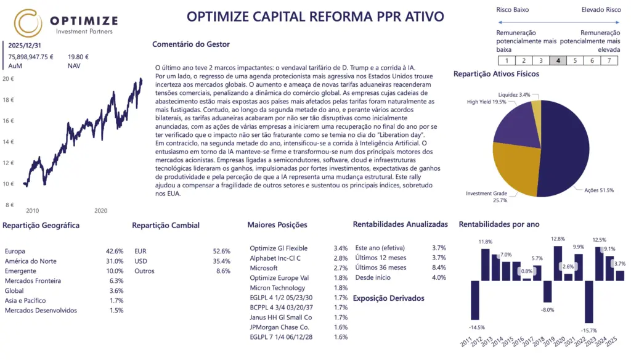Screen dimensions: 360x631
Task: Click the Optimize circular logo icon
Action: pos(28,23)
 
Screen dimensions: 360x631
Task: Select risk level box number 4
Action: pos(558,60)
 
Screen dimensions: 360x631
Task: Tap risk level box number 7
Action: pos(609,60)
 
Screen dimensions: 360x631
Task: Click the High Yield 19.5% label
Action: pos(487,102)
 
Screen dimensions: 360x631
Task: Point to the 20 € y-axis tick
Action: pos(8,79)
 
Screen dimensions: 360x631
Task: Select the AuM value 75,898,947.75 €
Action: pos(31,57)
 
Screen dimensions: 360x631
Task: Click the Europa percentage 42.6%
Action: pos(115,252)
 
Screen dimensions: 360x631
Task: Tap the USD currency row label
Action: pos(141,261)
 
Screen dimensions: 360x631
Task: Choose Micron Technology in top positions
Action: pos(277,288)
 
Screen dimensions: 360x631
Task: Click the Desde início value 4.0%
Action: pos(439,277)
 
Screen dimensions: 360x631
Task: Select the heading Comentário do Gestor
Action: pos(190,44)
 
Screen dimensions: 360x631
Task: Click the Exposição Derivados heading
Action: pos(388,298)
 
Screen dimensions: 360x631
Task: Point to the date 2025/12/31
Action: pos(25,46)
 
